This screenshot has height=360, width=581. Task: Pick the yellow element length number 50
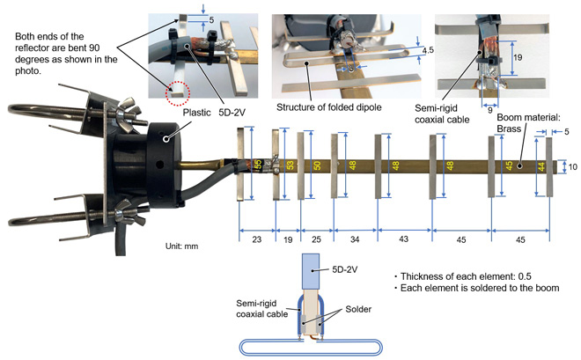point(317,165)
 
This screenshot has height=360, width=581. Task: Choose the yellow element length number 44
point(541,165)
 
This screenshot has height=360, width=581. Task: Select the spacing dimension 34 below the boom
point(354,239)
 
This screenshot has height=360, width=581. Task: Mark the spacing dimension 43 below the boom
point(405,239)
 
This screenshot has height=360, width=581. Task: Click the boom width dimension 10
point(572,165)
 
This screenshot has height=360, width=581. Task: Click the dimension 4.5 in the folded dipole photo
point(427,51)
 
